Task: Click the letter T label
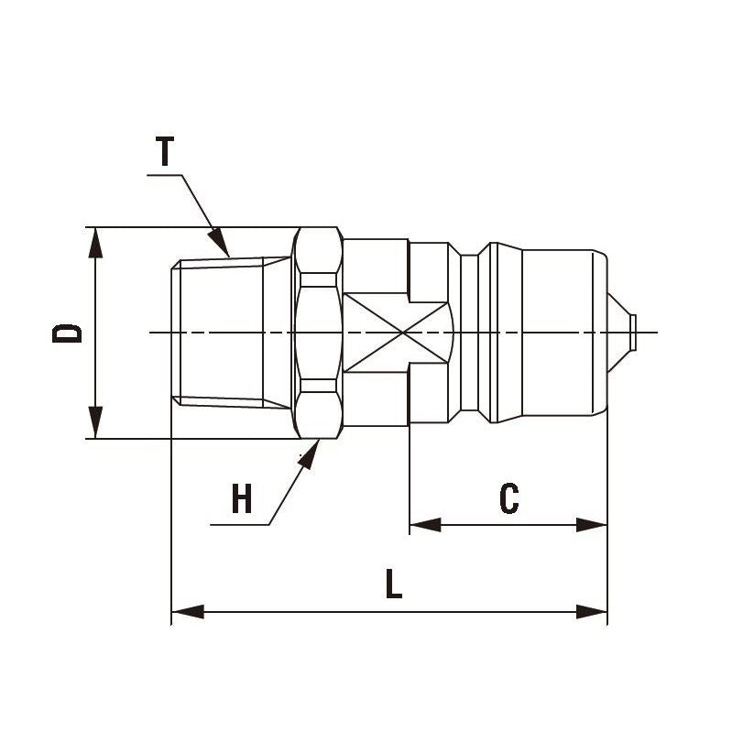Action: click(165, 151)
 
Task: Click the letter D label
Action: click(67, 332)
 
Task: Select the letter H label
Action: click(241, 500)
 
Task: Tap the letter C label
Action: click(509, 499)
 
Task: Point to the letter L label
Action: click(393, 585)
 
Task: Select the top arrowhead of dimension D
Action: click(95, 241)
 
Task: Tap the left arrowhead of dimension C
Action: click(423, 525)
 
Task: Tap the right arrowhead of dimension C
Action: click(592, 525)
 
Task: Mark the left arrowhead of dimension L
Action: click(187, 611)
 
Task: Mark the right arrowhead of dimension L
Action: click(592, 611)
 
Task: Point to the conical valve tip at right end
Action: click(621, 331)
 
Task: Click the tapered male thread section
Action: click(220, 332)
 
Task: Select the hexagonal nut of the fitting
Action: click(318, 332)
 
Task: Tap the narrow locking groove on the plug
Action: click(468, 332)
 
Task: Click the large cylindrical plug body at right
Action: click(548, 332)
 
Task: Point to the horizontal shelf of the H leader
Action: click(239, 525)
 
